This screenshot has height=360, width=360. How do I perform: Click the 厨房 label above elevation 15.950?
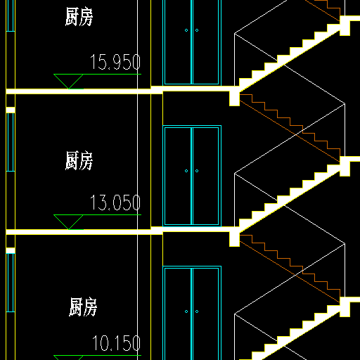pos(79,16)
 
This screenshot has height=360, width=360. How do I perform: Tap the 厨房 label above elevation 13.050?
pos(79,160)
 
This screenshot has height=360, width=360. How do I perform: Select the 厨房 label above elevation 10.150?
pos(83,307)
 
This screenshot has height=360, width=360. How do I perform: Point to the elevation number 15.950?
pos(115,62)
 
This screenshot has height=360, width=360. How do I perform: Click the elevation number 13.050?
pos(115,202)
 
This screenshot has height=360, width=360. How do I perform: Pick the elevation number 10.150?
pos(117,343)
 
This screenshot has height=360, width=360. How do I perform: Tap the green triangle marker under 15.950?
pos(68,82)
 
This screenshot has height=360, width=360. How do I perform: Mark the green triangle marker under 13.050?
pos(68,222)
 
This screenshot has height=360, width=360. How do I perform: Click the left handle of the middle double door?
pos(186,171)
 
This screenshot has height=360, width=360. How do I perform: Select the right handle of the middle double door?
pos(197,171)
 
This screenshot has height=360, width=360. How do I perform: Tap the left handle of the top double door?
pos(186,30)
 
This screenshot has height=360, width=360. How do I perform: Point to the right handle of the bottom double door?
pos(197,311)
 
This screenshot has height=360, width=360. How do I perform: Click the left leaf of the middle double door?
pos(178,176)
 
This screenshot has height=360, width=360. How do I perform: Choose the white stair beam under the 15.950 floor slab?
pos(234,98)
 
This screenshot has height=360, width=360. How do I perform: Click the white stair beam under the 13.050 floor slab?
pos(234,239)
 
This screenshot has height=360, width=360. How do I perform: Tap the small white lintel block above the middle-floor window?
pos(11,110)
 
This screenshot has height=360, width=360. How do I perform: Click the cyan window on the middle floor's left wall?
pos(11,142)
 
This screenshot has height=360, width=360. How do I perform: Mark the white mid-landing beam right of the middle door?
pos(345,167)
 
